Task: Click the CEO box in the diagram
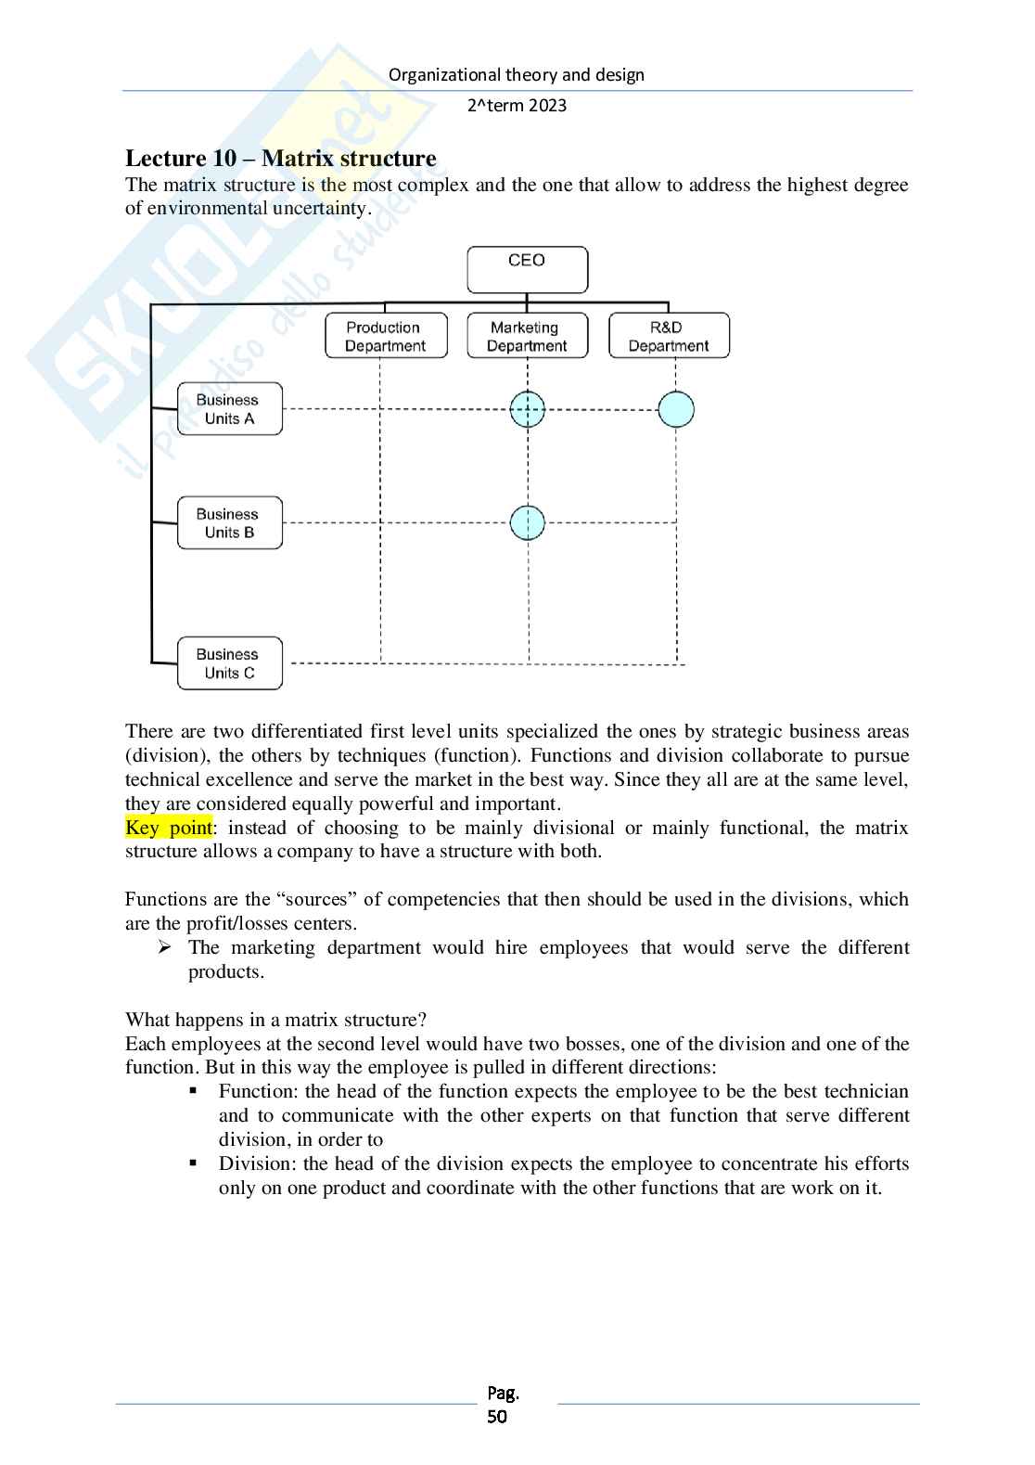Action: (527, 269)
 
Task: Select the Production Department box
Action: (386, 336)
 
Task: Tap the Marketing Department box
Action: (527, 336)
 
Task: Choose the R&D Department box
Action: (669, 336)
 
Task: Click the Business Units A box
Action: (229, 409)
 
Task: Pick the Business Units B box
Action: (229, 523)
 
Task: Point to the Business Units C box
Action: (229, 663)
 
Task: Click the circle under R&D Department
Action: (676, 409)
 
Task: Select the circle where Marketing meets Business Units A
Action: (528, 409)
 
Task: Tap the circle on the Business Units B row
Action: (528, 523)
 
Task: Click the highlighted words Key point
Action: (169, 828)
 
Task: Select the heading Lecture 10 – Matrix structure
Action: (280, 159)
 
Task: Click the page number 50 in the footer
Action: (498, 1417)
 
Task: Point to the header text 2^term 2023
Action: (517, 106)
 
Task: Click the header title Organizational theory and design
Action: (517, 75)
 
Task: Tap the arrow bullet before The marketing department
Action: (164, 947)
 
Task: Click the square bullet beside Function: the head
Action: (194, 1091)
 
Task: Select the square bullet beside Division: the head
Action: (194, 1163)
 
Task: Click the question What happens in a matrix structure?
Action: (275, 1020)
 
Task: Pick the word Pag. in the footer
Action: (503, 1393)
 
